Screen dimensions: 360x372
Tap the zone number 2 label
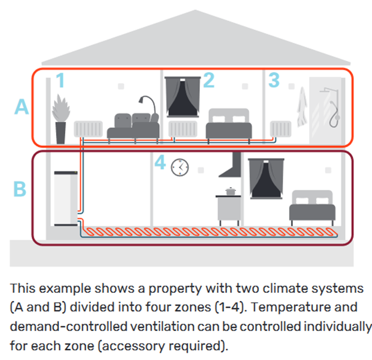tap(208, 80)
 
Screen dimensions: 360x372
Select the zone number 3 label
tap(274, 80)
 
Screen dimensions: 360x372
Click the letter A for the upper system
tap(22, 108)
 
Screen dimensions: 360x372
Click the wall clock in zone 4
tap(180, 166)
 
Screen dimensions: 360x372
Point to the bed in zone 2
tap(229, 126)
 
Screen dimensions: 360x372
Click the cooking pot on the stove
tap(231, 191)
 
